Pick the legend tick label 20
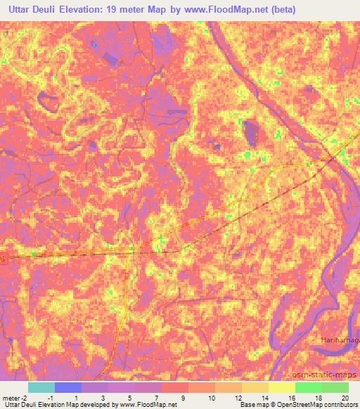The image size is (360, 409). point(344,398)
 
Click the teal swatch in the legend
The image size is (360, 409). point(41,387)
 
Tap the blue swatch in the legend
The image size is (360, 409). point(68,387)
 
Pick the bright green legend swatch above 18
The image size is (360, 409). point(308,387)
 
